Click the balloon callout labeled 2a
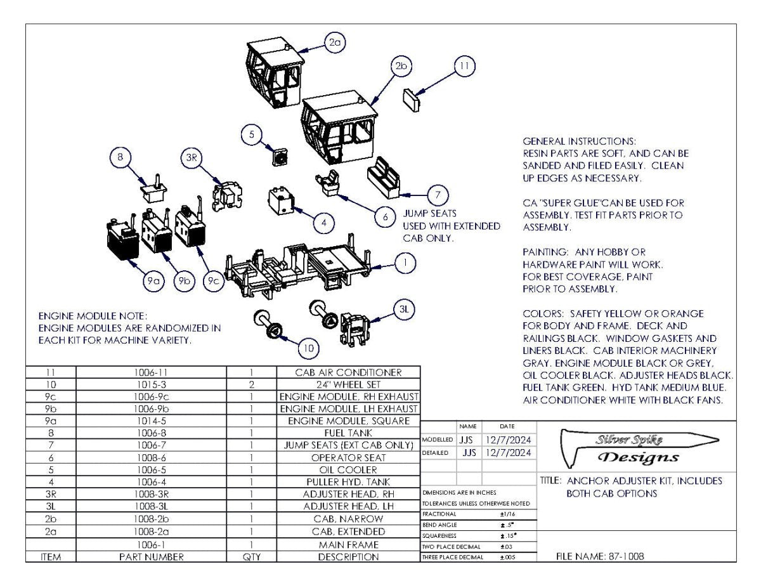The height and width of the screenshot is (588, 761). point(334,43)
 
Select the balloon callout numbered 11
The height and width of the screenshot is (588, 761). point(464,66)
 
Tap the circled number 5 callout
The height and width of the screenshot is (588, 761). point(252,134)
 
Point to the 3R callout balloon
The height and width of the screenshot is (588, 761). point(192,159)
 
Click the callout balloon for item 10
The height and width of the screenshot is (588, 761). point(308,348)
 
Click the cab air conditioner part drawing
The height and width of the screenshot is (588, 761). point(412,99)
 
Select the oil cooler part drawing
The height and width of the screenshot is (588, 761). point(280,155)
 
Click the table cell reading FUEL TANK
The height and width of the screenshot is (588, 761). point(349,433)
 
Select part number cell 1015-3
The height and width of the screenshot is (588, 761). point(151,384)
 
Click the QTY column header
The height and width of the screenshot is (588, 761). point(251,557)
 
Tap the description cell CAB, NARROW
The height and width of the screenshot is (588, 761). point(349,519)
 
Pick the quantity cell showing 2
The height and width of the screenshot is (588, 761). point(251,384)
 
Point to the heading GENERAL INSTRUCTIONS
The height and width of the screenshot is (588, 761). point(579,141)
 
